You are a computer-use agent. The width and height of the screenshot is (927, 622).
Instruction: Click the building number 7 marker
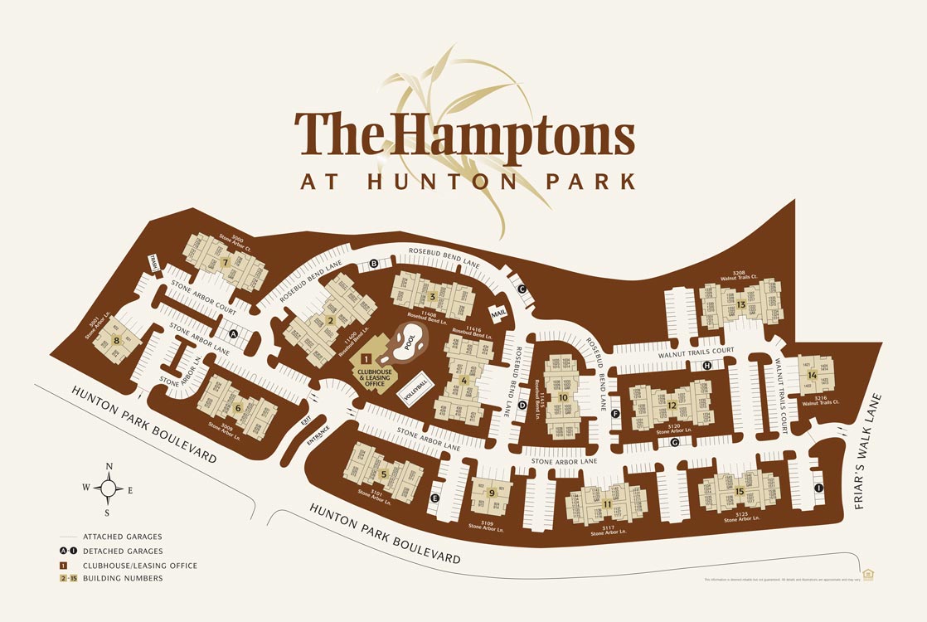point(226,263)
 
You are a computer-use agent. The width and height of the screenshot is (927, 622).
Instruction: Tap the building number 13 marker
point(740,304)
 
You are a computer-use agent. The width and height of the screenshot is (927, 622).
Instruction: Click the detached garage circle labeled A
point(233,334)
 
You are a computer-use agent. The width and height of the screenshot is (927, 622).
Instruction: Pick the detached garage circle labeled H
point(707,366)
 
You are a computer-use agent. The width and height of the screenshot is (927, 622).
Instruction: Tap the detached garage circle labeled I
point(818,488)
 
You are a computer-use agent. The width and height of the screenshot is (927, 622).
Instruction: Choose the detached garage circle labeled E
point(434,498)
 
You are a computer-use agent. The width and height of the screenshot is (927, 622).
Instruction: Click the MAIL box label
point(498,313)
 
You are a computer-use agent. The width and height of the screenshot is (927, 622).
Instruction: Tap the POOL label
point(409,343)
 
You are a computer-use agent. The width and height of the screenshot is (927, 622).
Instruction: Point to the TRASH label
point(154,262)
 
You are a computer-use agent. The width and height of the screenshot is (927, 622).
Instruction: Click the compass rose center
point(109,488)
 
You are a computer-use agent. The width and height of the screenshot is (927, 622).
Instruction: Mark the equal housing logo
point(869,573)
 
